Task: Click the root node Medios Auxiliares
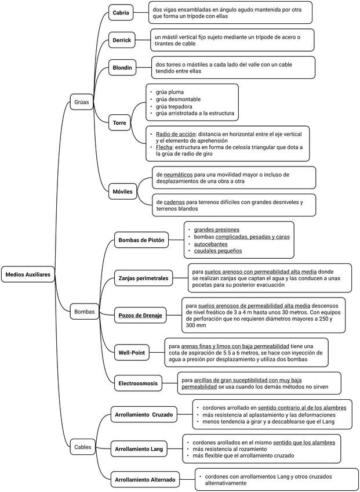coord(28,274)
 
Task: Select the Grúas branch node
coord(82,102)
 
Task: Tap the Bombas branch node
coord(85,312)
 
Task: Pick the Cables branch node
coord(83,447)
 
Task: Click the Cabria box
coord(121,13)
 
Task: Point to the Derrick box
coord(122,40)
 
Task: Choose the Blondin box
coord(122,67)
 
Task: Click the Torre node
coord(119,122)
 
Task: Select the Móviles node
coord(123,191)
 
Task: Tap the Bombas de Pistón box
coord(141,240)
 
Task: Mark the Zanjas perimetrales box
coord(143,278)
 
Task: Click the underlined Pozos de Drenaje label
coord(140,316)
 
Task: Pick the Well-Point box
coord(132,352)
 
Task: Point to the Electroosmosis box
coord(138,383)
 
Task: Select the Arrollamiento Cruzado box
coord(144,414)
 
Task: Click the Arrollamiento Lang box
coord(139,449)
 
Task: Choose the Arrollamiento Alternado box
coord(145,479)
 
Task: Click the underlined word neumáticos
coord(178,175)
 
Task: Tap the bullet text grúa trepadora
coord(174,106)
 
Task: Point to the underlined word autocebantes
coord(211,244)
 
